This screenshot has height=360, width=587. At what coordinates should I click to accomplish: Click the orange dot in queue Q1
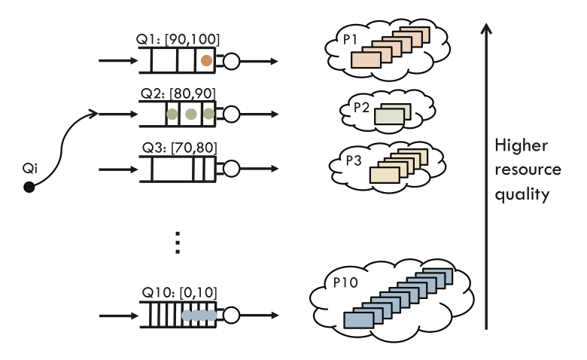point(205,60)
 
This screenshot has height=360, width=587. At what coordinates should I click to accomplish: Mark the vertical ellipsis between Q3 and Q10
point(178,243)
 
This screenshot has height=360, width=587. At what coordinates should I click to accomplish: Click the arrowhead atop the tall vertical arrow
point(487,29)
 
